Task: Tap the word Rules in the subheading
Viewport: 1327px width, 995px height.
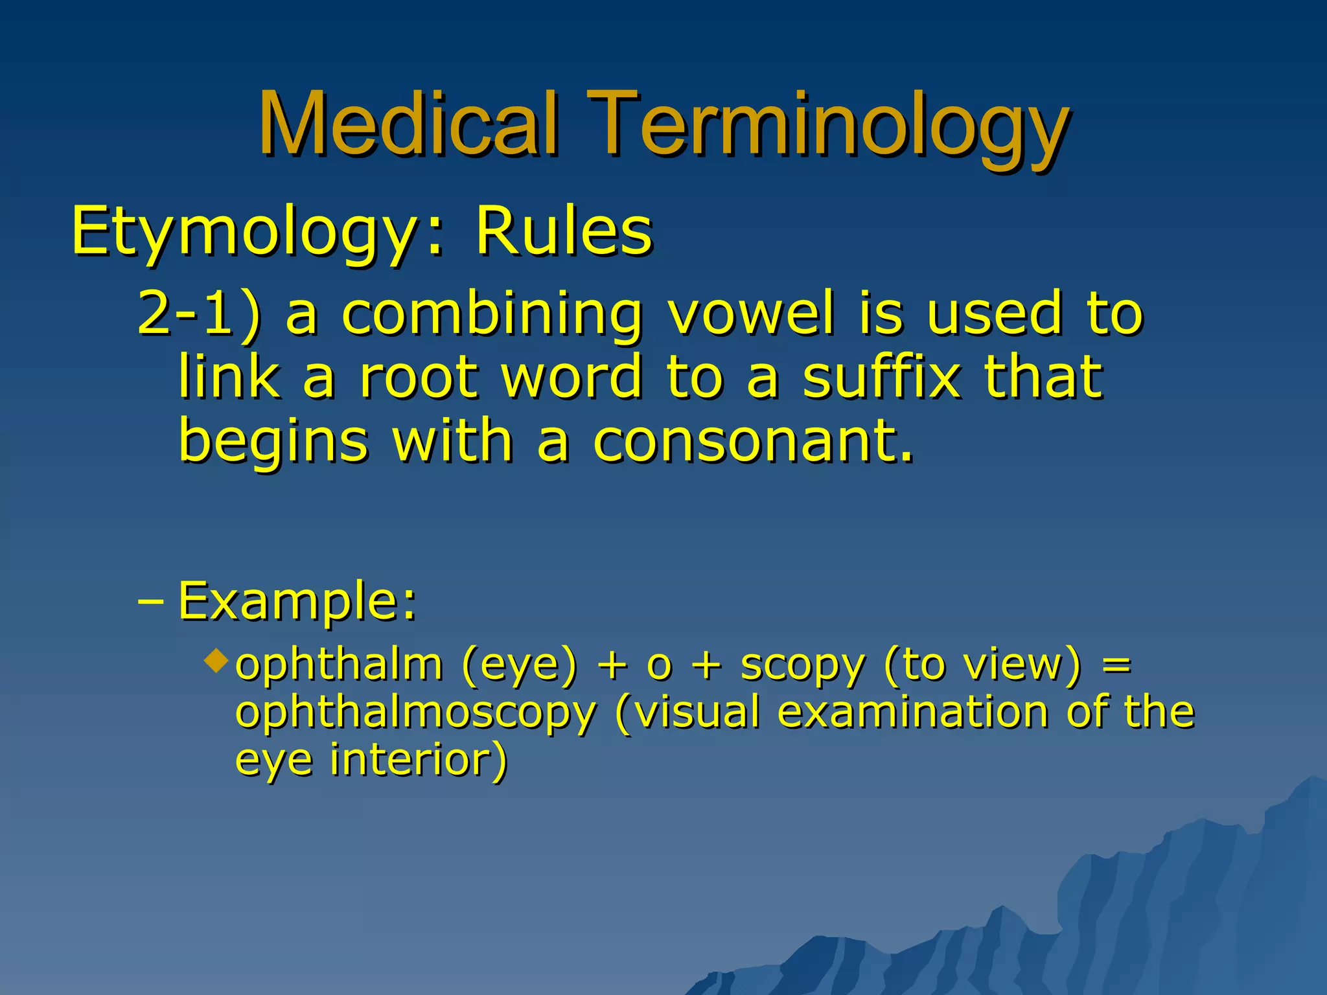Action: coord(564,231)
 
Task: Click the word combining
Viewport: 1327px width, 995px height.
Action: coord(492,315)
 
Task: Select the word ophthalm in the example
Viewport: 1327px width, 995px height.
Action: coord(339,665)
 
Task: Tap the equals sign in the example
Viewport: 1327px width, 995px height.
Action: coord(1116,666)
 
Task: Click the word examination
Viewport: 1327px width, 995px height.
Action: coord(912,712)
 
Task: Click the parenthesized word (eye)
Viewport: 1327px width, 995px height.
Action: coord(519,666)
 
